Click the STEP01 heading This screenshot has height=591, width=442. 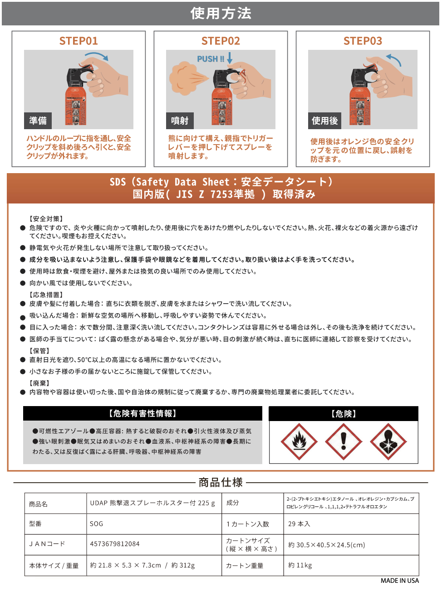pos(79,41)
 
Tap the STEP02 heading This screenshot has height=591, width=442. pos(221,41)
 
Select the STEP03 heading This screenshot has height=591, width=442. pos(363,41)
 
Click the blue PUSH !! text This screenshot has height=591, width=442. pos(211,59)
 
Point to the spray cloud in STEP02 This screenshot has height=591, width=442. pos(186,78)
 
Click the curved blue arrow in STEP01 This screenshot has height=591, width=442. pos(97,55)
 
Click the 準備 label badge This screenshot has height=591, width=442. pos(38,121)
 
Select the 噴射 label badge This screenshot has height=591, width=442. pos(180,121)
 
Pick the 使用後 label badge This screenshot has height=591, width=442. pos(324,121)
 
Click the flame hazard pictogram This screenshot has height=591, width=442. pos(299,442)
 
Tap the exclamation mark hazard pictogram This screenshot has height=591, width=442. pos(344,442)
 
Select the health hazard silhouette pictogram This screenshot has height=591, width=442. pos(388,442)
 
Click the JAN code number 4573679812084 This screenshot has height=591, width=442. pos(114,543)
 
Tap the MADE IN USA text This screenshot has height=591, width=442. pos(400,581)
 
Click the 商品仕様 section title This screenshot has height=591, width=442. pos(221,483)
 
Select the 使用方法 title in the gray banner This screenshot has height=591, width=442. pos(221,14)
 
